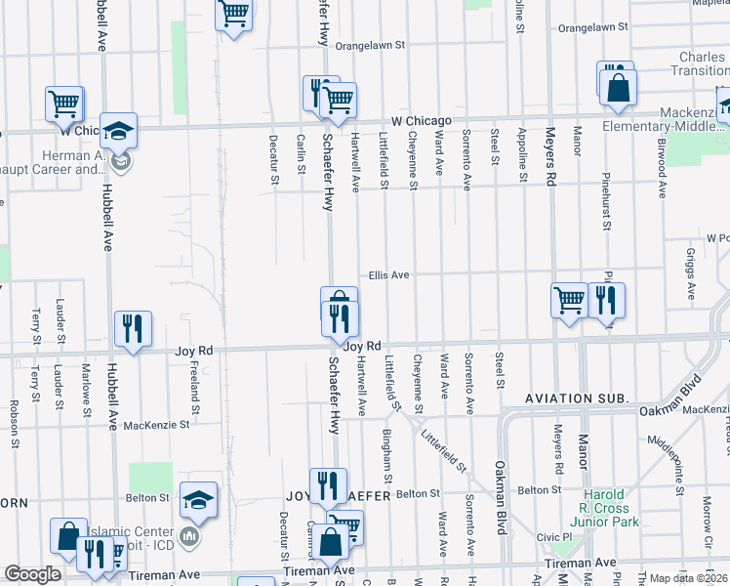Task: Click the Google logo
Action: click(32, 573)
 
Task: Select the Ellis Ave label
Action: click(387, 275)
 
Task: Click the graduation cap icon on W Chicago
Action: click(118, 130)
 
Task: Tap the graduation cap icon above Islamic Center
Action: click(199, 500)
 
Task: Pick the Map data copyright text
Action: click(688, 578)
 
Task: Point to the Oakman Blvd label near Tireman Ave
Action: click(501, 498)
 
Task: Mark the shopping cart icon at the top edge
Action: click(232, 14)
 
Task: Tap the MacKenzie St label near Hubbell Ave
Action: click(150, 425)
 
